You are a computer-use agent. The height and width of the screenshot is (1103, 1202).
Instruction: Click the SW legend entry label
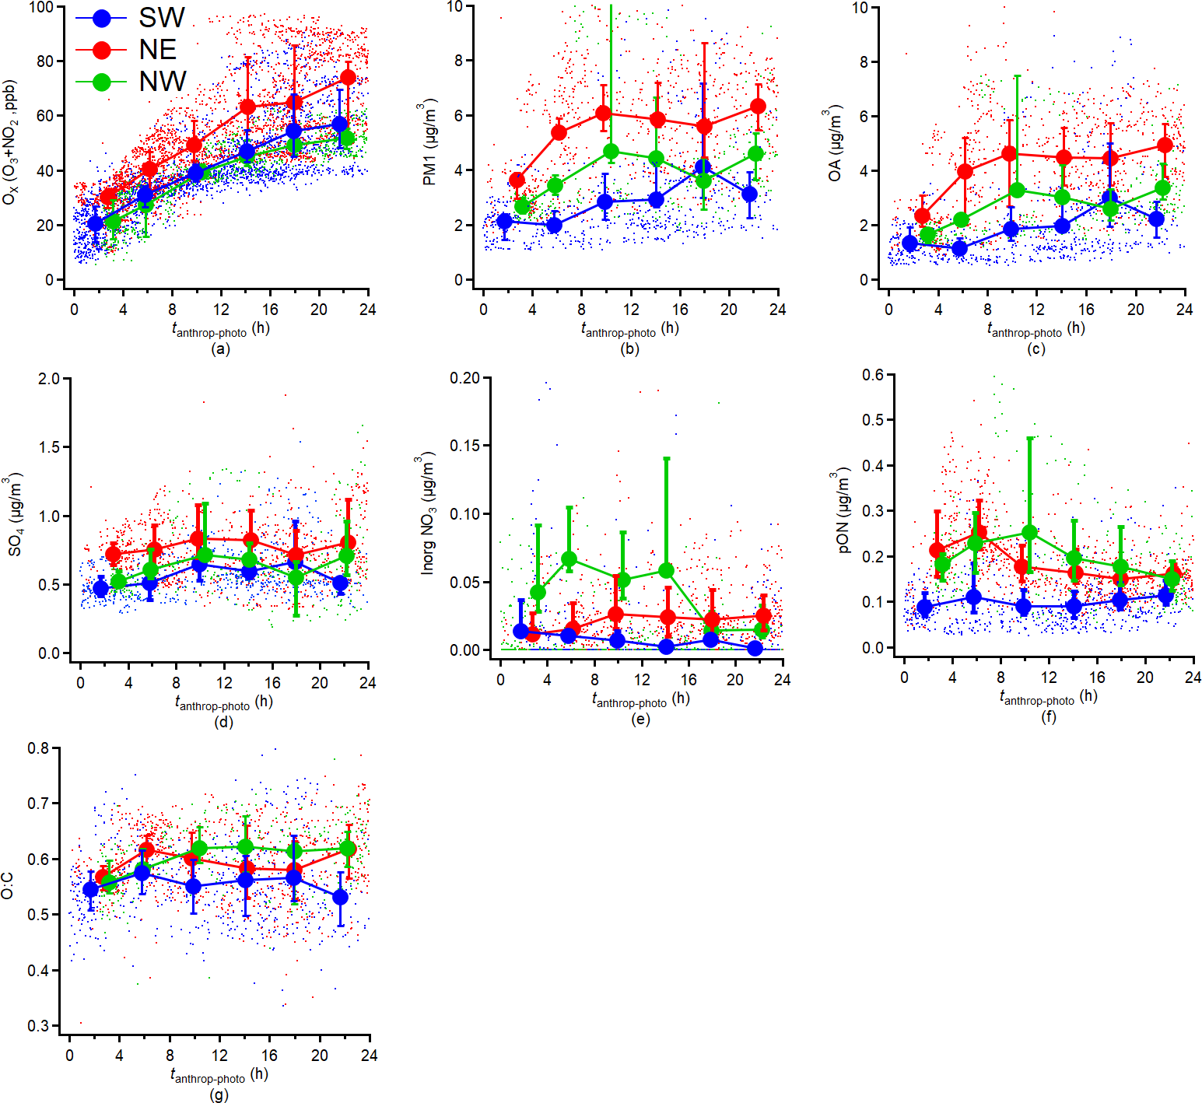tap(162, 17)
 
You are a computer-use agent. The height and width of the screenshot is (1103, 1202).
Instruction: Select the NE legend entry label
tap(158, 50)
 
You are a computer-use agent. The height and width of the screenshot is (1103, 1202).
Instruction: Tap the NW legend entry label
tap(163, 82)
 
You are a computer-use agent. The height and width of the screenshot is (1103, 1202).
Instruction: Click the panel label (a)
tap(220, 349)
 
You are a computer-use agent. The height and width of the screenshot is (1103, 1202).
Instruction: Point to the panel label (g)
tap(219, 1094)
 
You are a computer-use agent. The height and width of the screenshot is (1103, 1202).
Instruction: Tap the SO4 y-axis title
tap(16, 516)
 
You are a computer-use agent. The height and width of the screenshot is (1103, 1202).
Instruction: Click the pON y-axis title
tap(843, 512)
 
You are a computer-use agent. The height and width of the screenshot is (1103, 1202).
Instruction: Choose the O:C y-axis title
tap(8, 885)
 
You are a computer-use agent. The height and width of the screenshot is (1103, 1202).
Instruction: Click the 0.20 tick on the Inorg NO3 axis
tap(464, 378)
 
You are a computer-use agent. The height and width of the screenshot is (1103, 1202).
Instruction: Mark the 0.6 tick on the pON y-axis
tap(873, 375)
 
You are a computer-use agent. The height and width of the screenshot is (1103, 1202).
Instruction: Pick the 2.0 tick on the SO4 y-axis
tap(49, 379)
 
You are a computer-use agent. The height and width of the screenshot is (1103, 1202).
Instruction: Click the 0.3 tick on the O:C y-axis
tap(38, 1026)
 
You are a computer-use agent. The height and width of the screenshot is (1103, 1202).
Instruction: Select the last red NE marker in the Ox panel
tap(348, 78)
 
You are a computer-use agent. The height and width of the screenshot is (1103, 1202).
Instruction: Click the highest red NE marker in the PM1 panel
tap(758, 107)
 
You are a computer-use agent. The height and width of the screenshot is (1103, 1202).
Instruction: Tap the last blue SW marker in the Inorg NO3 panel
tap(755, 648)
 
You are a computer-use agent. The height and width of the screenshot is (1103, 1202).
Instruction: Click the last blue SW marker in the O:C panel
tap(340, 898)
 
